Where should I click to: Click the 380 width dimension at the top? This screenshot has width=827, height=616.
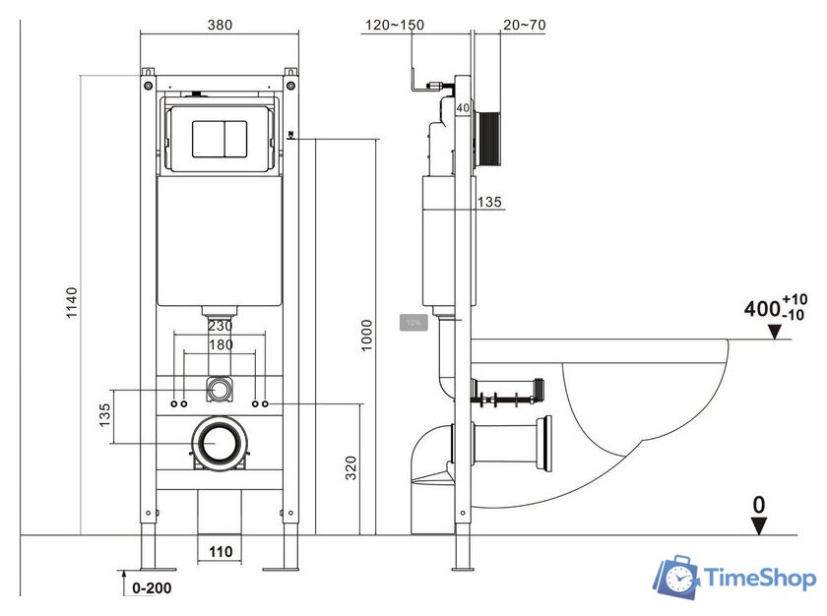[x=220, y=25]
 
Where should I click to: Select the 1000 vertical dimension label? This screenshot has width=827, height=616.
[x=366, y=336]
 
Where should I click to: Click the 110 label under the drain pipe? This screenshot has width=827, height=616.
[x=220, y=552]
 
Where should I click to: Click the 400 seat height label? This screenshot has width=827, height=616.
[x=761, y=309]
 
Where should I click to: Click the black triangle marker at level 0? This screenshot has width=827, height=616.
[x=758, y=526]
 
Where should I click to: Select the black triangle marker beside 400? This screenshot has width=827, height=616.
[x=775, y=332]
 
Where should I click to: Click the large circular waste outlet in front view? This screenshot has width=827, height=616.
[x=219, y=445]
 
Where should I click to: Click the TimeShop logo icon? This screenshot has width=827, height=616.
[x=677, y=579]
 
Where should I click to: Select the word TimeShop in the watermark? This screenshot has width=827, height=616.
[x=759, y=580]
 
